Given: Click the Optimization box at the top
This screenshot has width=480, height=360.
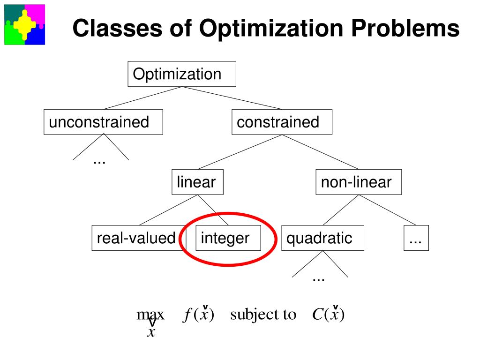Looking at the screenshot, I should point(182,74).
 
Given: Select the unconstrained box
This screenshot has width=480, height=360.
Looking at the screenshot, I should point(103,122).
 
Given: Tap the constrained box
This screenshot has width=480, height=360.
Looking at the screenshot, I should point(282,122).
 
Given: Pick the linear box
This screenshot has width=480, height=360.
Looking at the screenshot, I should point(197,182).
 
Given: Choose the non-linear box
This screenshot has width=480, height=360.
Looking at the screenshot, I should point(359,182).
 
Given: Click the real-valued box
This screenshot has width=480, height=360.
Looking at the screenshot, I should point(136,238).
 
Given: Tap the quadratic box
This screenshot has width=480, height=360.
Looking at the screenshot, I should point(322,238).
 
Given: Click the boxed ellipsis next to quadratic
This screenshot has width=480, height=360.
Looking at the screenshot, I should point(416,238).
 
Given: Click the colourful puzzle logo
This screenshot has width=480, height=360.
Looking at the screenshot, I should point(25,24).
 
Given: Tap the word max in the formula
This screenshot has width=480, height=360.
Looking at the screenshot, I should point(150,315).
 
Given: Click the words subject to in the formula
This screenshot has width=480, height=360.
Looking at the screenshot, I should point(263,315).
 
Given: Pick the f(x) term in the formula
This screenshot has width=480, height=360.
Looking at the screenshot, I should point(198,315).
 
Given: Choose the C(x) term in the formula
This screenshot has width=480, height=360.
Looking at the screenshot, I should point(328,315).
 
